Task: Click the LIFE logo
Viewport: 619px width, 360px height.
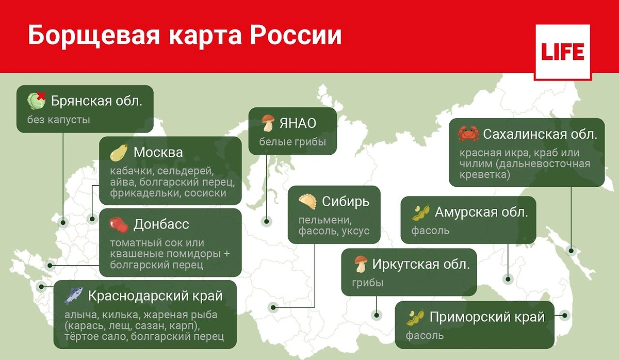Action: click(x=562, y=52)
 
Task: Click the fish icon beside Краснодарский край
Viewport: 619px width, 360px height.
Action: click(x=73, y=296)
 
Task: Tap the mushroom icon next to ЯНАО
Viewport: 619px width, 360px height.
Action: click(x=267, y=124)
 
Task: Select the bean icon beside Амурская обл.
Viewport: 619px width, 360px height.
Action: click(x=421, y=212)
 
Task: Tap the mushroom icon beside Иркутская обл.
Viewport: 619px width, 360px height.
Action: click(x=361, y=265)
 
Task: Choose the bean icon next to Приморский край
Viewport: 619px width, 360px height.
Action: click(x=415, y=317)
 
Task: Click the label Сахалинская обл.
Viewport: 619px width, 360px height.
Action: click(x=540, y=135)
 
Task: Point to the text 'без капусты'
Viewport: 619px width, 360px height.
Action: click(x=59, y=120)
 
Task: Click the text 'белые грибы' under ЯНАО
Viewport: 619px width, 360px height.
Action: click(x=292, y=142)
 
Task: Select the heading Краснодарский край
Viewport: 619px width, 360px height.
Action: click(x=155, y=296)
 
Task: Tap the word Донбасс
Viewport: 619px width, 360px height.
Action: click(x=161, y=225)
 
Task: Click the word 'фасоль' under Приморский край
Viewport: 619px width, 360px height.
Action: click(x=425, y=336)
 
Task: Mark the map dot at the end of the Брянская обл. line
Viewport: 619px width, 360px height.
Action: click(x=63, y=223)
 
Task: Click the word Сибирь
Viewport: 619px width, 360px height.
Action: click(x=346, y=201)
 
